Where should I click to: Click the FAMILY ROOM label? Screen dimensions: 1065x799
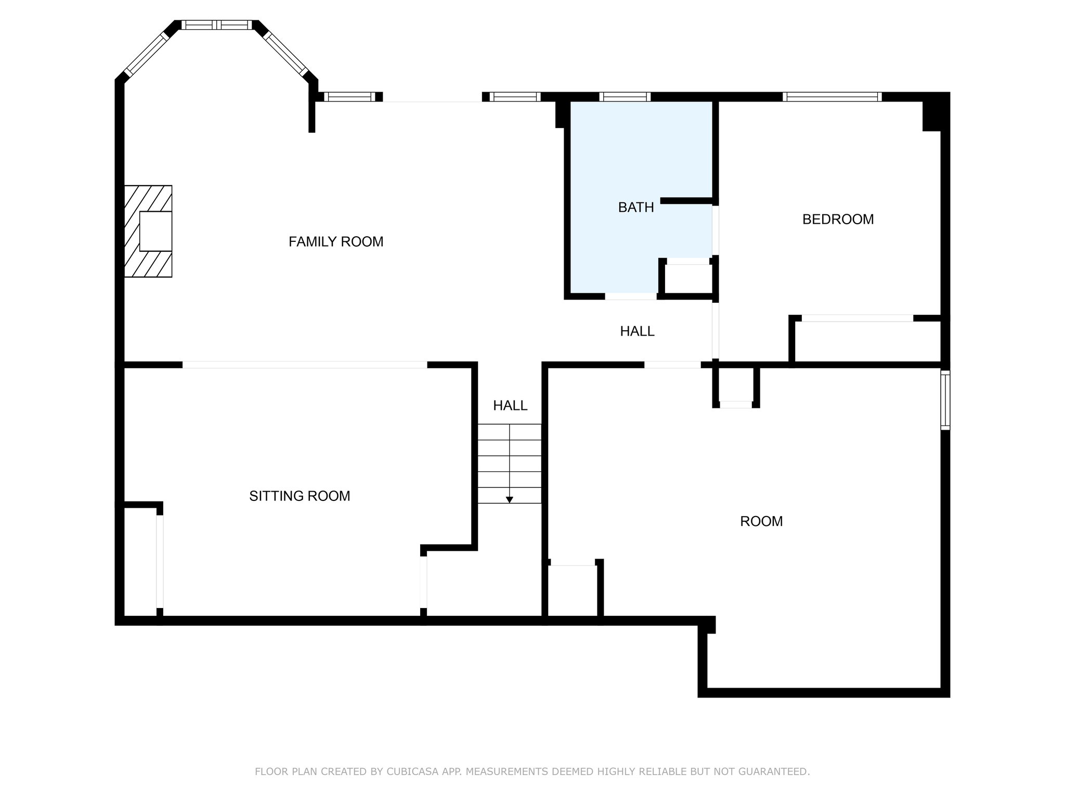336,241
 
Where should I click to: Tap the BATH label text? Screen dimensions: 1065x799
636,208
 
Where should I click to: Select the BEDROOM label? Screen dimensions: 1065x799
838,220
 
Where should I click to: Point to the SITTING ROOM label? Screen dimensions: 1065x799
300,496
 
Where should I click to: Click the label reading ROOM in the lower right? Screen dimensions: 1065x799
761,521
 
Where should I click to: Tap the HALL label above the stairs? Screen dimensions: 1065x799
510,406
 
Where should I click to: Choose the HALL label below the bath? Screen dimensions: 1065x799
637,331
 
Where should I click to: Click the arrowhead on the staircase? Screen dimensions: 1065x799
510,500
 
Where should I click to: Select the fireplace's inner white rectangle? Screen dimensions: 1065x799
155,231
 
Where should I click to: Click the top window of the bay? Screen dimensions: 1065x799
217,24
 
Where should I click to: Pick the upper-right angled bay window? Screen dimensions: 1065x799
287,54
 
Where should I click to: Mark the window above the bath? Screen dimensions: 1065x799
625,97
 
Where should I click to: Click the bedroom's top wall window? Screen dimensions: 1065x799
832,97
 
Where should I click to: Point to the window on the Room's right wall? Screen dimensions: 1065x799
945,400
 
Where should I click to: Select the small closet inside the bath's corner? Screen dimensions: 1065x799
688,279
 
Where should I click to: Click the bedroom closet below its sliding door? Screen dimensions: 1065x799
868,341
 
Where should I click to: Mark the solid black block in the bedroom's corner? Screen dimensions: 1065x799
932,116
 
